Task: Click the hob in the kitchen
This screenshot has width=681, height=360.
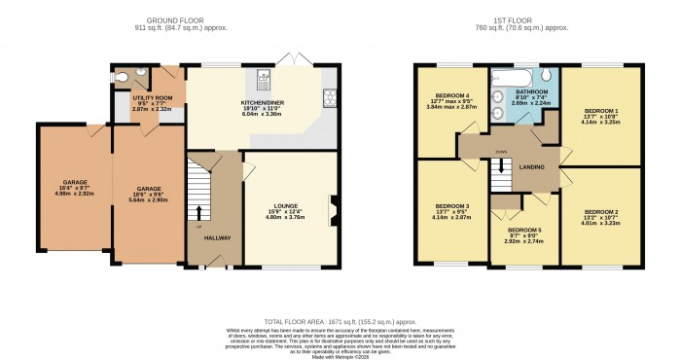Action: point(329,95)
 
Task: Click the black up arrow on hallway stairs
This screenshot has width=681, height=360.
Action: point(200,211)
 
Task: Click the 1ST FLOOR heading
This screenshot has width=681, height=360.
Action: point(513,19)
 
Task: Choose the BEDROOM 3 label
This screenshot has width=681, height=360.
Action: point(452,205)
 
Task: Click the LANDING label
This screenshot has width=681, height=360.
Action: point(532,165)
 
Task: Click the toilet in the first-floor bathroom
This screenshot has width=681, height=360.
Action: point(547,74)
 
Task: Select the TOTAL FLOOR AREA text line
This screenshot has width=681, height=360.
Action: point(340,320)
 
